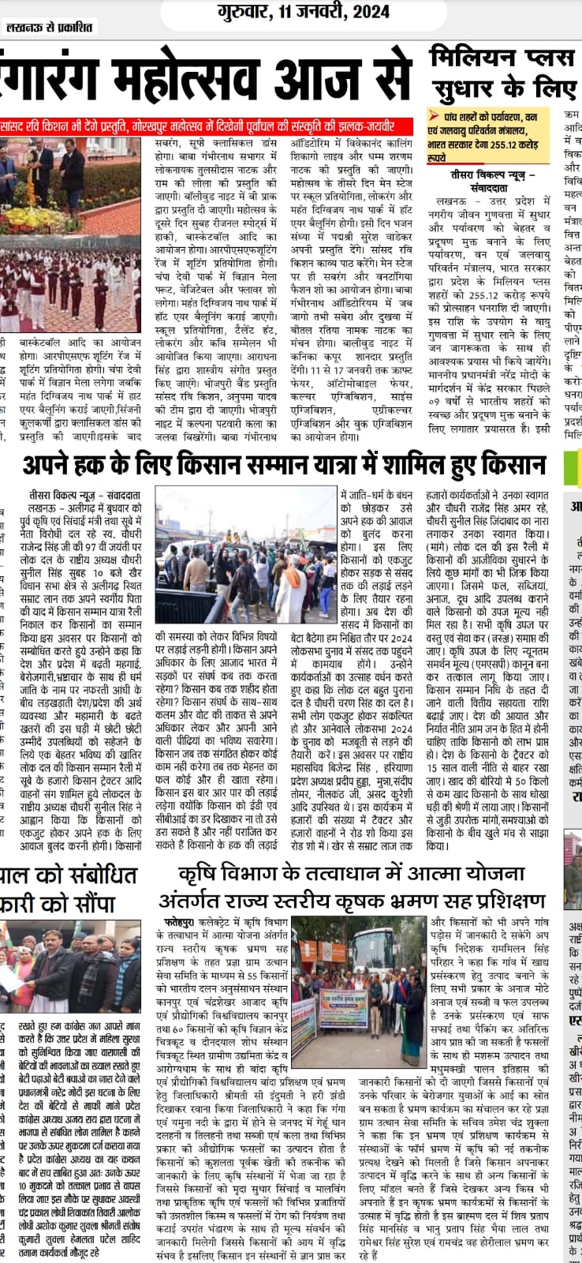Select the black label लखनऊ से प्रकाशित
(49, 28)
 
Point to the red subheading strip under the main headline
(207, 126)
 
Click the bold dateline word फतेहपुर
(181, 921)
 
